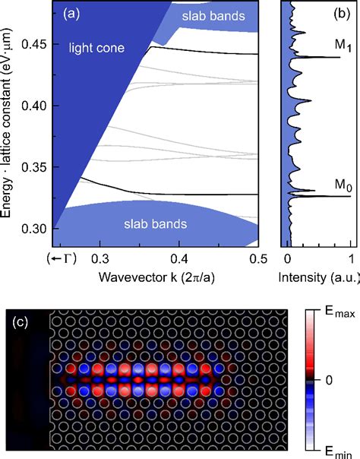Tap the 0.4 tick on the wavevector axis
(179, 259)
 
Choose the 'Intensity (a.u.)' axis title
(317, 278)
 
